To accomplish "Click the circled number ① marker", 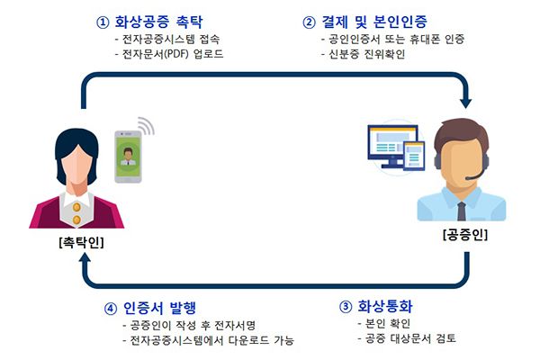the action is tap(103, 22).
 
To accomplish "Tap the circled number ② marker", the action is tap(309, 22).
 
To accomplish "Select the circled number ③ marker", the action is tap(346, 307).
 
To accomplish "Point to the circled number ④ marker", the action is tap(111, 309).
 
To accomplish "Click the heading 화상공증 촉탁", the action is tap(158, 22).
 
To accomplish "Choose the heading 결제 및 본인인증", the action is tap(374, 22).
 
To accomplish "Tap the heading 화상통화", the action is tap(385, 306).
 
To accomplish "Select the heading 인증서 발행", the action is tap(160, 308).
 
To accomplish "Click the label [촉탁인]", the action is tap(81, 242).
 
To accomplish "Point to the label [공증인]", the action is tap(465, 235).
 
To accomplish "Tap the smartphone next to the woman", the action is tap(128, 157).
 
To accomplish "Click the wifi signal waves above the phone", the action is tap(146, 126).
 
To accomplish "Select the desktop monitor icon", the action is tap(393, 146).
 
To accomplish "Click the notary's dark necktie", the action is tap(462, 211).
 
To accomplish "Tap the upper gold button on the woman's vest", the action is tap(76, 207).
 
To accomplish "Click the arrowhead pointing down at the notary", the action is tap(465, 103).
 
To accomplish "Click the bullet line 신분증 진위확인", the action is tap(364, 54).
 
